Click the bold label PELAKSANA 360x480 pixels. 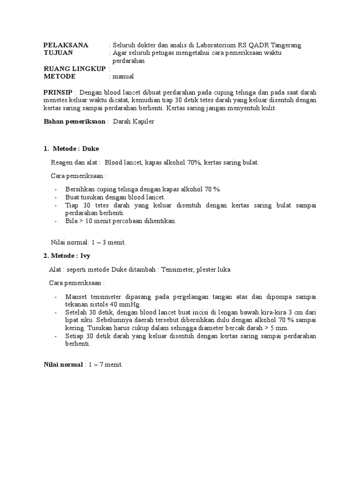tap(66, 45)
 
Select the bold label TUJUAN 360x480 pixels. tap(59, 53)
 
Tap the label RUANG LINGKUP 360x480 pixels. tap(75, 69)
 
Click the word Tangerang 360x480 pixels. tap(285, 45)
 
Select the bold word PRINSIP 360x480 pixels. tap(58, 92)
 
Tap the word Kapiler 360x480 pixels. tap(143, 121)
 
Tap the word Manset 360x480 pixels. tap(76, 297)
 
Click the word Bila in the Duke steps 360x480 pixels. tap(72, 221)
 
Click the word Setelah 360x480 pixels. tap(76, 313)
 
